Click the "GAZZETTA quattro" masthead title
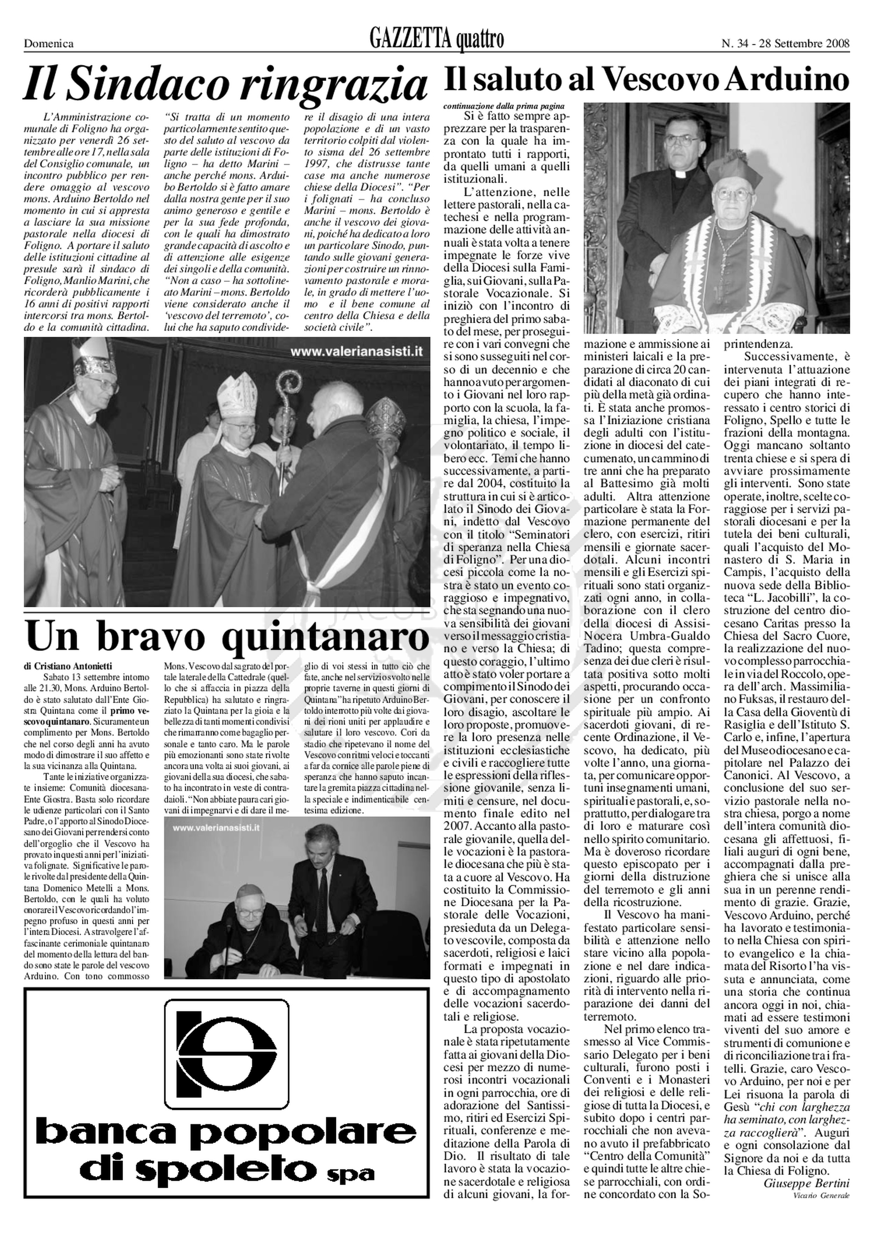pyautogui.click(x=437, y=40)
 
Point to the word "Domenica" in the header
pyautogui.click(x=49, y=44)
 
